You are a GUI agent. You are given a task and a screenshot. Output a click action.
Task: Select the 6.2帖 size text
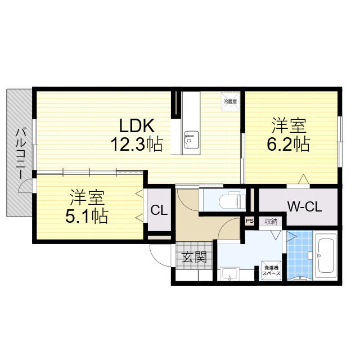point(288,144)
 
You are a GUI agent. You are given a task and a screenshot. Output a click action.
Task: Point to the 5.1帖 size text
point(87,215)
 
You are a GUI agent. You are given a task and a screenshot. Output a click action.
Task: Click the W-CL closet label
point(305,207)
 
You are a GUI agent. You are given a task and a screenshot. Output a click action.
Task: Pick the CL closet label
point(159,211)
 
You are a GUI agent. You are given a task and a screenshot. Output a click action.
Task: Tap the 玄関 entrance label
point(193,258)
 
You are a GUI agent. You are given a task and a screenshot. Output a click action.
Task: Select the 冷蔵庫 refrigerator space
point(230,102)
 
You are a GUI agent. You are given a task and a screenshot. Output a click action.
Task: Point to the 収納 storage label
point(271,221)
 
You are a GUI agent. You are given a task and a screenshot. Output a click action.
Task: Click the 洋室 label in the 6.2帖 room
point(287,124)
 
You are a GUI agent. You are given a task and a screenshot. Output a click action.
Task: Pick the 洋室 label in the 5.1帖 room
point(87,197)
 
